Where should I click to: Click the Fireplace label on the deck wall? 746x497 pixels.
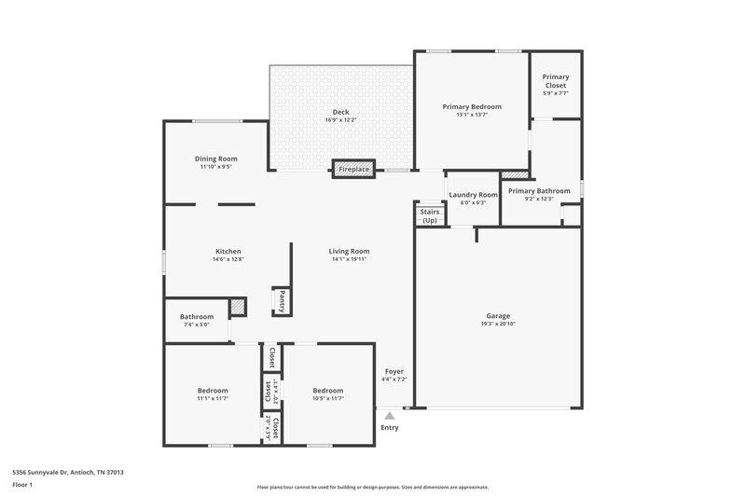coord(354,170)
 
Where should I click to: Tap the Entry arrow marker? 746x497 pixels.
coord(390,416)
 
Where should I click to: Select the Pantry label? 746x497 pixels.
coord(281,301)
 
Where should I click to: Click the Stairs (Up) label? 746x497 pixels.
coord(430,216)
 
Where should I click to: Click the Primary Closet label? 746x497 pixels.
coord(556,81)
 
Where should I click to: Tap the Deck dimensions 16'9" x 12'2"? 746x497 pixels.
coord(341,120)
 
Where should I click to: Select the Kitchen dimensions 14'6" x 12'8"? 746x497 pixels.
coord(228,260)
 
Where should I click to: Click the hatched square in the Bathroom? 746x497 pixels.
coord(238,306)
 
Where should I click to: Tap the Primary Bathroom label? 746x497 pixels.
coord(539,190)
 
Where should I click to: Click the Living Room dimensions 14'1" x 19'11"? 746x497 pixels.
coord(350,260)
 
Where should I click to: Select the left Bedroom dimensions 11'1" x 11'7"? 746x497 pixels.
coord(213,399)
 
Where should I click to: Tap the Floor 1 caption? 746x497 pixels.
coord(22,486)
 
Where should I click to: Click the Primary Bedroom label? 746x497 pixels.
coord(472,107)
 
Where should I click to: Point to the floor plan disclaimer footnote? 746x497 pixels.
coord(373,487)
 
